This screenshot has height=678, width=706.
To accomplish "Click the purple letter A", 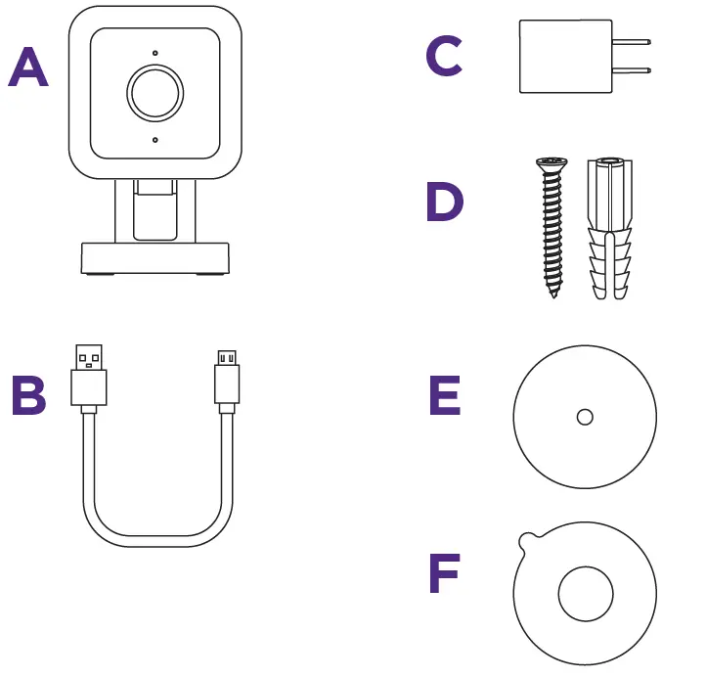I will coord(28,68).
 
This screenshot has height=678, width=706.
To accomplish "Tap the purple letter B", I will coord(28,395).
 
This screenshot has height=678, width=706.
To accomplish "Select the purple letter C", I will coord(443,57).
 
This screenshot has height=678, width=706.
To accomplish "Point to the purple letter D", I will coord(445,203).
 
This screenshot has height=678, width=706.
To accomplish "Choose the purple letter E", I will coord(445,395).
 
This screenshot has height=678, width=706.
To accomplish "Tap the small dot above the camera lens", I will coord(154,52).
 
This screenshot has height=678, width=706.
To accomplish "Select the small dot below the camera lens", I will coord(154,140).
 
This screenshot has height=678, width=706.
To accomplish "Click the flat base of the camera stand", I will coord(154,259).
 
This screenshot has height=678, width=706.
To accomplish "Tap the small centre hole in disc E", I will coord(585,417).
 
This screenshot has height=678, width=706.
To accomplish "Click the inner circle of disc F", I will coord(585,593).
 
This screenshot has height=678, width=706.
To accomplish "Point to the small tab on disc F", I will coord(526,538).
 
